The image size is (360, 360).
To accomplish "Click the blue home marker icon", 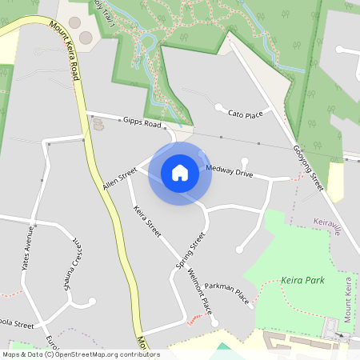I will coord(180,172).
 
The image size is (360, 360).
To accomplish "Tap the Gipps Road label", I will coord(142,123).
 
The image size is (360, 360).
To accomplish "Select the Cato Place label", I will coord(246,114).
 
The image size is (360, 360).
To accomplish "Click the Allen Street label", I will coord(120,179).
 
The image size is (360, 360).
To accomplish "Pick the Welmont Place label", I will coord(199,293).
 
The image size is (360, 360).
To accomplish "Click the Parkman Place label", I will coord(227,294).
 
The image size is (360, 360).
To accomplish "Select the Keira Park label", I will coord(303,281).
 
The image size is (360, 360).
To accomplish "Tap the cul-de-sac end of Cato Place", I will coord(218,106).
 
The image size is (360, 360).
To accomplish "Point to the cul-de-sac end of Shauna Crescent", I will coord(92,301).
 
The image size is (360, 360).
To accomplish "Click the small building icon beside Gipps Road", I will coord(98,125).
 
